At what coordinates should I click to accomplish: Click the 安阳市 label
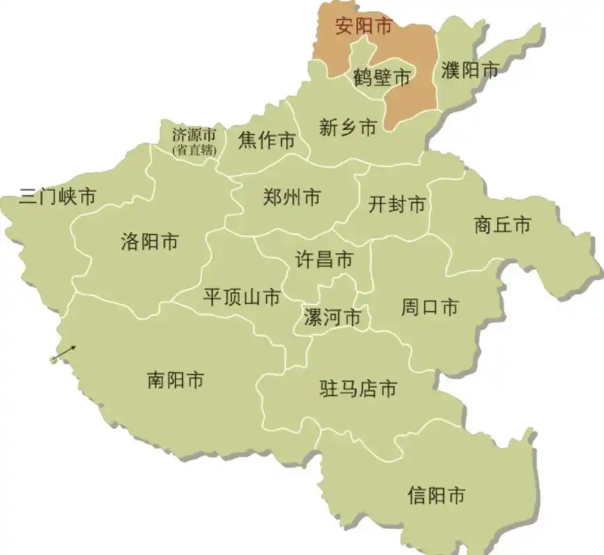[363, 27]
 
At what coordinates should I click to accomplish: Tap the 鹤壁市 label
[382, 78]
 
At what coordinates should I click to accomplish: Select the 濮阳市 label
[471, 69]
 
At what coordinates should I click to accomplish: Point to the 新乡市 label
[348, 127]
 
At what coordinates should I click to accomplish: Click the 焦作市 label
[266, 141]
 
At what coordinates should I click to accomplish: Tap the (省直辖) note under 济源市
[194, 150]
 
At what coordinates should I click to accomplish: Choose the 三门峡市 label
[58, 197]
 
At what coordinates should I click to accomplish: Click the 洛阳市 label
[149, 241]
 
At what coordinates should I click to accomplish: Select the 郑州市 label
[292, 198]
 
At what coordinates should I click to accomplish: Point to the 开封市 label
[396, 205]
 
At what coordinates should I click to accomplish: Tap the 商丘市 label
[503, 225]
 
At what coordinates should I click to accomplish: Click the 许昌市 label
[324, 260]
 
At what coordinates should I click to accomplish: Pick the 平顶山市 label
[242, 298]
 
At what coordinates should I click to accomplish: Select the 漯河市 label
[333, 318]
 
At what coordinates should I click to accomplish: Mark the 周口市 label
[430, 307]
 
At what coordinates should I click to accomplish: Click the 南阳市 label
[176, 380]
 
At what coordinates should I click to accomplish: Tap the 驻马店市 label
[358, 388]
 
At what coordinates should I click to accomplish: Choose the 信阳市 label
[436, 495]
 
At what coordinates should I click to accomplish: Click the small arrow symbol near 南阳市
[63, 353]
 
